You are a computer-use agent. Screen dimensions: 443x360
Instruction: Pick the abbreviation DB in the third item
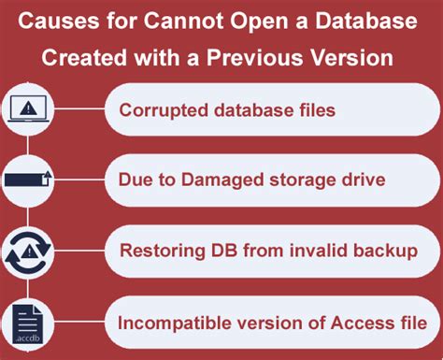pyautogui.click(x=216, y=252)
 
